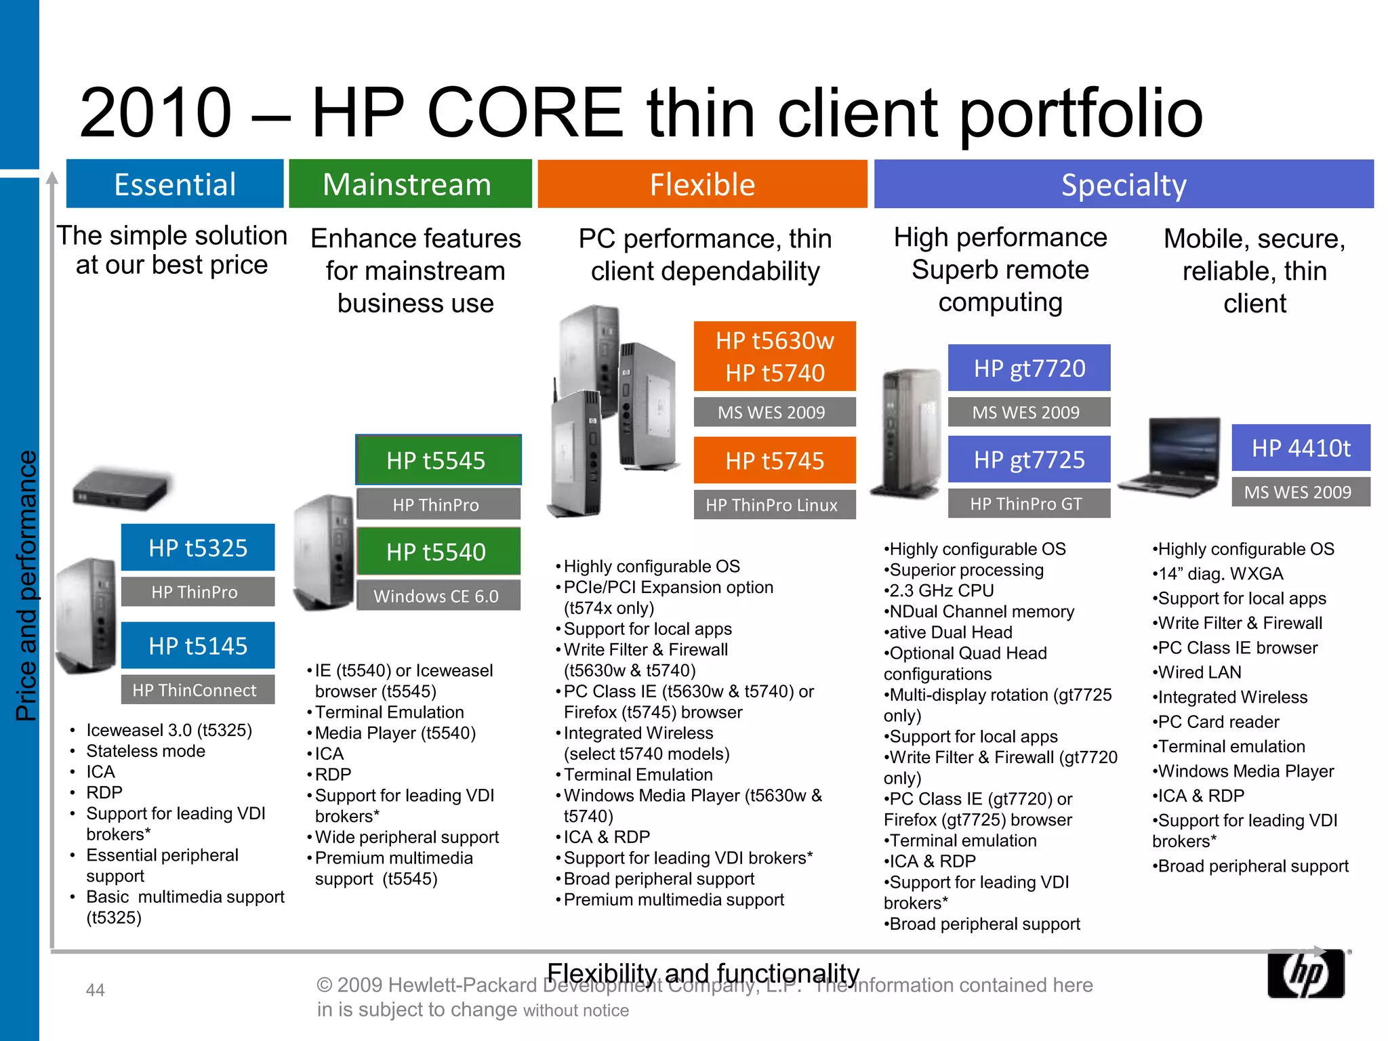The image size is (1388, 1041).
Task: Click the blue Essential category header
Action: pos(175,184)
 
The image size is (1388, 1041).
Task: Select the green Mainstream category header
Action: pos(410,184)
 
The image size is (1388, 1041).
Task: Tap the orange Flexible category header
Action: pos(702,184)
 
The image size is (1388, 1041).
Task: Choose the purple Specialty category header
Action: pos(1124,184)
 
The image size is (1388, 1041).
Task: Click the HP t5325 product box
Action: pos(198,548)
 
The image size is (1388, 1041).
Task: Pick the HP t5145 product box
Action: pos(198,645)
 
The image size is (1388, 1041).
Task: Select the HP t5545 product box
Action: pos(438,460)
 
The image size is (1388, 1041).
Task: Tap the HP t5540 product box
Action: pos(438,552)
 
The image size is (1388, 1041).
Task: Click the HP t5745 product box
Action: pos(775,461)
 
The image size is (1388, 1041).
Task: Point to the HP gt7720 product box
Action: pos(1029,368)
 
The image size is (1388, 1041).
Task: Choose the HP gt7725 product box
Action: pos(1029,460)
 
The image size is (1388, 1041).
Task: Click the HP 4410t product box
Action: pos(1301,448)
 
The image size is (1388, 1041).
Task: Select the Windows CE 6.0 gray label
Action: pos(438,596)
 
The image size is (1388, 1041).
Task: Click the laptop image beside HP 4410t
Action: pos(1171,458)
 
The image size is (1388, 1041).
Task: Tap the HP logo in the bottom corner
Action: pos(1305,973)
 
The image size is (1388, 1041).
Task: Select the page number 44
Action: pos(95,990)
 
